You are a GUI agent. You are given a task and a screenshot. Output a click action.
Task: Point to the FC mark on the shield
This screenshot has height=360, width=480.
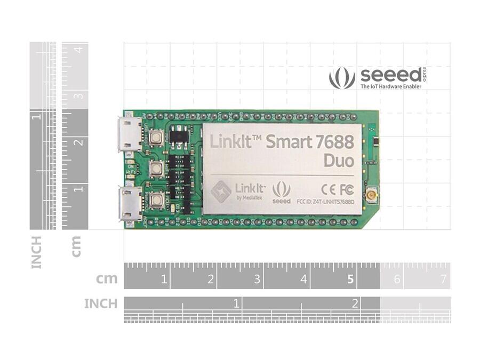click(346, 189)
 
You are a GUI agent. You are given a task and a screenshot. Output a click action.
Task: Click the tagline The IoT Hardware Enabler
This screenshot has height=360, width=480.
click(391, 86)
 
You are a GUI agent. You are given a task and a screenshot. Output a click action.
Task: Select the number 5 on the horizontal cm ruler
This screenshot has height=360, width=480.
click(350, 279)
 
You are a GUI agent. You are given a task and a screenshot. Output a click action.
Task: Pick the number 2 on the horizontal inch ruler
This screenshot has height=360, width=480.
click(354, 303)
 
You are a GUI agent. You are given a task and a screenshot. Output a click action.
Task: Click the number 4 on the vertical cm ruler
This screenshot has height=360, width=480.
click(78, 50)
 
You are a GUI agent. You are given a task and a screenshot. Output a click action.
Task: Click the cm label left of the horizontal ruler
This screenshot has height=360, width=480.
click(107, 279)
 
